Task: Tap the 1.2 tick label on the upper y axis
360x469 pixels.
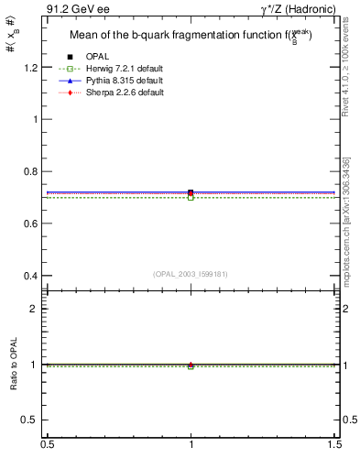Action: (x=32, y=67)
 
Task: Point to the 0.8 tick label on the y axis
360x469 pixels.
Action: (x=32, y=171)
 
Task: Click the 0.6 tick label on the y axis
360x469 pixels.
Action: (x=32, y=224)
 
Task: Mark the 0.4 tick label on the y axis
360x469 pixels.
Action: (x=32, y=276)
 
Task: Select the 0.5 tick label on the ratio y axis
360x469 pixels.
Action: (x=32, y=420)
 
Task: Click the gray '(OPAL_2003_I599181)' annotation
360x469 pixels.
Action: (x=191, y=273)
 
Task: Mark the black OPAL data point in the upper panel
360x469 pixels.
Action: (x=191, y=192)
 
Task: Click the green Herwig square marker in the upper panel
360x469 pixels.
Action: (x=191, y=198)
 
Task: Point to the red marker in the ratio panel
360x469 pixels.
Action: (x=191, y=364)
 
